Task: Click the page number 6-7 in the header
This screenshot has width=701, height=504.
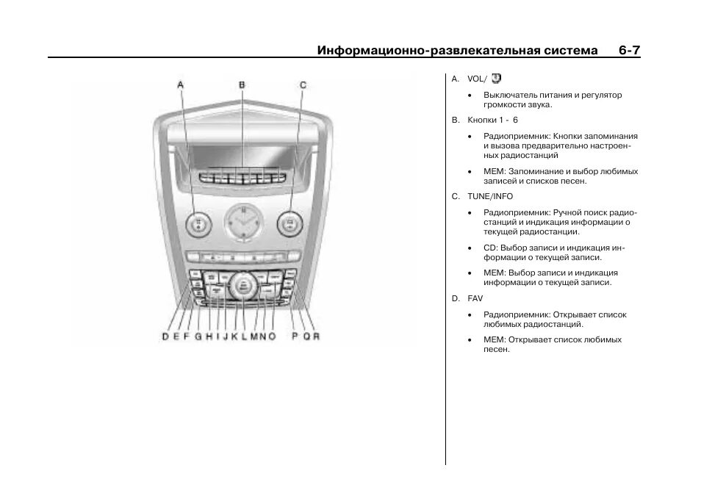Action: [629, 50]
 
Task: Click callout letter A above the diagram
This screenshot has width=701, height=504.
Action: [181, 85]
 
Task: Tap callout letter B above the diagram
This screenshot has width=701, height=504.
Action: [242, 85]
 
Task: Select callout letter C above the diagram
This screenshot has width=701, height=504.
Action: [303, 85]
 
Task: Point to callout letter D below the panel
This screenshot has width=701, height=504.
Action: [165, 336]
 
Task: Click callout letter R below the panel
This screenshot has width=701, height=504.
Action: [317, 336]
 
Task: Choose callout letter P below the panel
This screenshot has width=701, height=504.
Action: [295, 336]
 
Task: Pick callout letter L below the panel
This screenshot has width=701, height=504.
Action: [243, 336]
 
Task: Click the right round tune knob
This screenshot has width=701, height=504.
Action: [290, 223]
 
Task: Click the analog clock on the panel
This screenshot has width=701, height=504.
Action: [242, 220]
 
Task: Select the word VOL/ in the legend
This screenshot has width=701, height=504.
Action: [477, 79]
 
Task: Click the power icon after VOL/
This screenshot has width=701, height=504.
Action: [496, 77]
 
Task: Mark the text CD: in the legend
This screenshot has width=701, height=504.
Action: [490, 248]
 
